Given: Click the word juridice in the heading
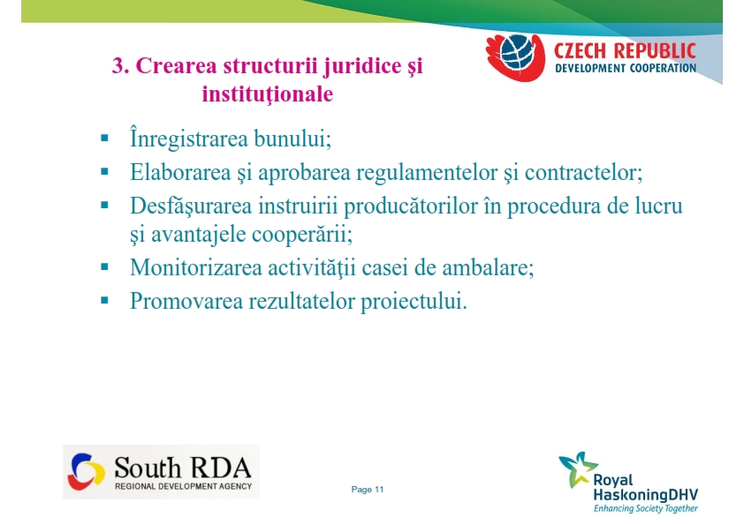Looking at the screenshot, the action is coord(361,67).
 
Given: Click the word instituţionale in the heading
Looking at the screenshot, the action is coord(268,94).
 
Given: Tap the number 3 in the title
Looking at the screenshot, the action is coord(120,65).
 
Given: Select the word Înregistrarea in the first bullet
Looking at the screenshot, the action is coord(189,139).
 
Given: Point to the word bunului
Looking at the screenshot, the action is coord(292,139).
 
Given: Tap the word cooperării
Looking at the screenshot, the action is coord(302,235).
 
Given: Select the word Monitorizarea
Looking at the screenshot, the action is coord(196,267).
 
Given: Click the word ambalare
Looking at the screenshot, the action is coord(489,267).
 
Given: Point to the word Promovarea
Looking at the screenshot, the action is coord(186,301).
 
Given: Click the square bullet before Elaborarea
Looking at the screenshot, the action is coord(105,172).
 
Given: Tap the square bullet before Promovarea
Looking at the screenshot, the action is coord(105,300).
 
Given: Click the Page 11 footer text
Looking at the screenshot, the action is coord(368,490).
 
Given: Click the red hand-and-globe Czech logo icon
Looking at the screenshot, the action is coord(516,56).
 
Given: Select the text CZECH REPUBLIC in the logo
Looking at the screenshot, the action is coord(625,50).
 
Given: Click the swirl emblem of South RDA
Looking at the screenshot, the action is coord(86,471).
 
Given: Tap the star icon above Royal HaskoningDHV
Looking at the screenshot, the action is coord(578,469).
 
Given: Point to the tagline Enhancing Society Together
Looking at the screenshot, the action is coord(646,508).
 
